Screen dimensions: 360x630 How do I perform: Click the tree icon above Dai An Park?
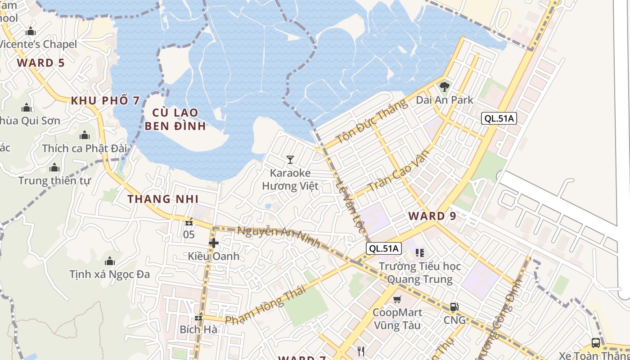pyautogui.click(x=445, y=86)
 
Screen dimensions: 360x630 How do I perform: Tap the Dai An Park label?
pyautogui.click(x=445, y=100)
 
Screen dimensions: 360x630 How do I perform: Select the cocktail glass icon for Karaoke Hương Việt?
pyautogui.click(x=290, y=159)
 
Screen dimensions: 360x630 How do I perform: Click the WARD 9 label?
pyautogui.click(x=432, y=216)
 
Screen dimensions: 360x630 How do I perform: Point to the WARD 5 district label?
pyautogui.click(x=41, y=63)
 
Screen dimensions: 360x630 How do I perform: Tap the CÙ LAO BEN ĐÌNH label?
pyautogui.click(x=175, y=119)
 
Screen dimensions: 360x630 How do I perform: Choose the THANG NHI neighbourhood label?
pyautogui.click(x=162, y=199)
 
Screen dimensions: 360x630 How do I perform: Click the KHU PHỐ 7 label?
pyautogui.click(x=105, y=100)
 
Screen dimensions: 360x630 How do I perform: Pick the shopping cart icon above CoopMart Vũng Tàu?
pyautogui.click(x=397, y=299)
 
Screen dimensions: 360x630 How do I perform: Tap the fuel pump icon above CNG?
pyautogui.click(x=454, y=307)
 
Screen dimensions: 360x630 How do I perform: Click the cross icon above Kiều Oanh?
pyautogui.click(x=213, y=243)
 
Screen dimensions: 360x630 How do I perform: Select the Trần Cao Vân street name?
pyautogui.click(x=398, y=171)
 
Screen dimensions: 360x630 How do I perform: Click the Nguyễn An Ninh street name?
pyautogui.click(x=279, y=237)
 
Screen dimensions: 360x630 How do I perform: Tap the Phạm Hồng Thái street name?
pyautogui.click(x=265, y=305)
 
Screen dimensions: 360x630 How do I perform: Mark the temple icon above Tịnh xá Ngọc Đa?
pyautogui.click(x=109, y=261)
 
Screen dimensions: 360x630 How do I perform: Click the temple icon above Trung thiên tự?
pyautogui.click(x=54, y=168)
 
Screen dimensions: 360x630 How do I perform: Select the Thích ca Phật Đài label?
pyautogui.click(x=85, y=148)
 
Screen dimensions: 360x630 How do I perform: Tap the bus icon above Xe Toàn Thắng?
pyautogui.click(x=595, y=343)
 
